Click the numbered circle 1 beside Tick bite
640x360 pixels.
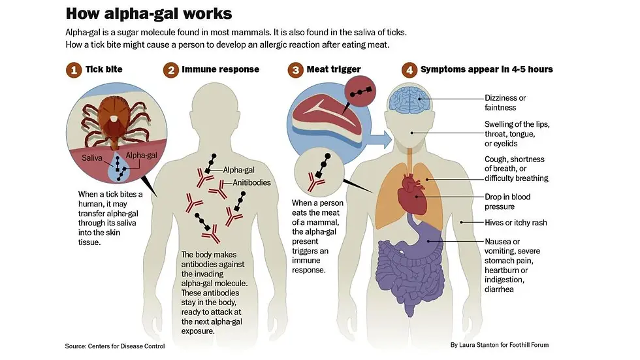pyautogui.click(x=74, y=70)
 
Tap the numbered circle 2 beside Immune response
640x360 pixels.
pyautogui.click(x=171, y=70)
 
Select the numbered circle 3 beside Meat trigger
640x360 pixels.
pyautogui.click(x=295, y=70)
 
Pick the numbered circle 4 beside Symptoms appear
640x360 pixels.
pyautogui.click(x=409, y=70)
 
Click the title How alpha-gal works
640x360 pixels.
pyautogui.click(x=149, y=14)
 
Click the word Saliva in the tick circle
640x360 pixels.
pyautogui.click(x=92, y=158)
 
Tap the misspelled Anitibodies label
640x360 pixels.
pyautogui.click(x=251, y=182)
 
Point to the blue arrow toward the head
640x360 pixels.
pyautogui.click(x=381, y=140)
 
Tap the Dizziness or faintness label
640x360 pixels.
pyautogui.click(x=505, y=103)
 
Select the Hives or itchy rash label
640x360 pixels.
pyautogui.click(x=516, y=222)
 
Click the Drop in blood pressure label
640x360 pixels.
pyautogui.click(x=507, y=202)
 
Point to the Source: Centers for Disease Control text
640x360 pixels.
pyautogui.click(x=115, y=346)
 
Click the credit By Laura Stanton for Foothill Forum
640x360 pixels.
pyautogui.click(x=500, y=345)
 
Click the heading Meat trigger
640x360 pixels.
pyautogui.click(x=334, y=69)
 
